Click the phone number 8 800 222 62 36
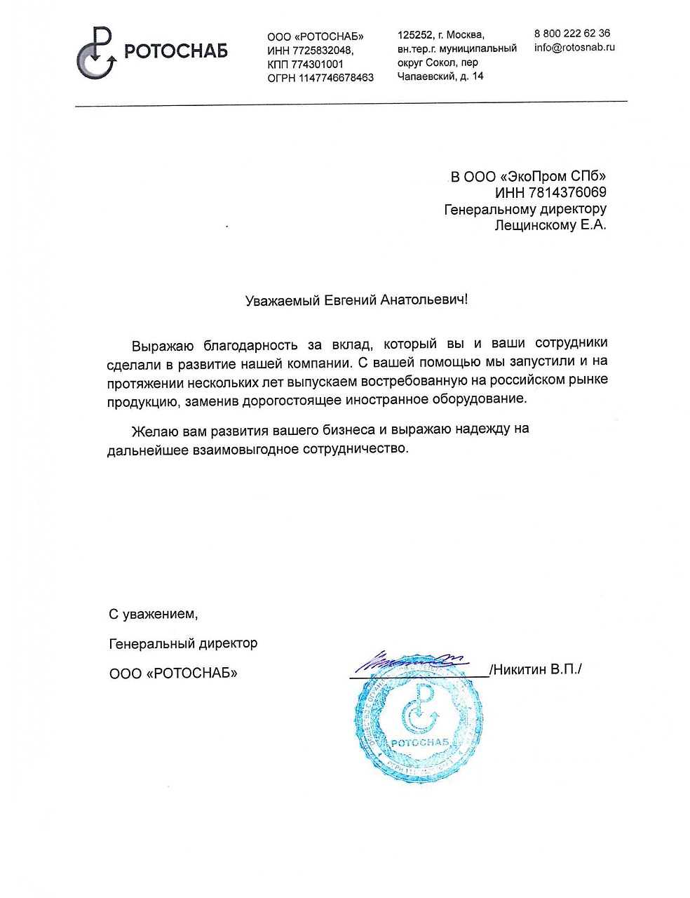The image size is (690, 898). coord(571,34)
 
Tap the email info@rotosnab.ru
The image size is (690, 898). coord(574,48)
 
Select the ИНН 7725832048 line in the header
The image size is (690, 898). coord(311,51)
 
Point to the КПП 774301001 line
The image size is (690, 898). coord(306,64)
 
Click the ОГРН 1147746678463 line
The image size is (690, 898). coord(320,78)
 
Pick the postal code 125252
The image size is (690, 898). coord(412,34)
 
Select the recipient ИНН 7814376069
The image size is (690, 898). coord(550,192)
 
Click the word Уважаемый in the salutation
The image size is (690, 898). coord(282,300)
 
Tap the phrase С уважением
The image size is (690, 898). coord(154,615)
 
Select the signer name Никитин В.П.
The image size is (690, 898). coord(537,669)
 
